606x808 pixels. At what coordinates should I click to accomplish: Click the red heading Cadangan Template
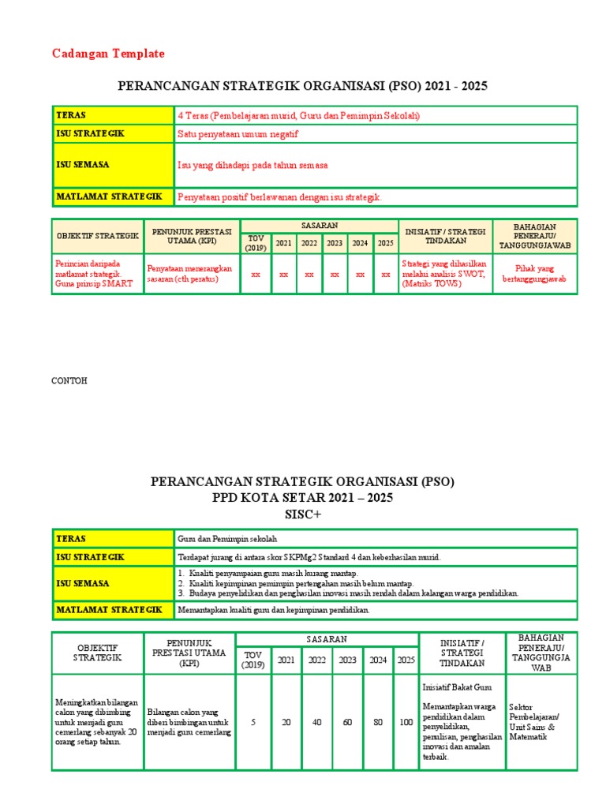[109, 54]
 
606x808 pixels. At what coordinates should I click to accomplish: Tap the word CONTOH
[69, 381]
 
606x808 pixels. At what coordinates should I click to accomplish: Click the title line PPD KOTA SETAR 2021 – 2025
[302, 498]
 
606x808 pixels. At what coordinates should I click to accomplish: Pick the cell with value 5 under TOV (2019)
[253, 722]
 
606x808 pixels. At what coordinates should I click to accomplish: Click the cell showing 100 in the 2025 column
[406, 722]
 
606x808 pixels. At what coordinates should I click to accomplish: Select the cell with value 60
[347, 722]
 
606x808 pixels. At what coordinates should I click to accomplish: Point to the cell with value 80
[378, 722]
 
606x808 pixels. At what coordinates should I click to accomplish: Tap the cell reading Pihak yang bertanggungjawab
[534, 274]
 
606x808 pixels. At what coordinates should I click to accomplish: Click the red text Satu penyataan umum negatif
[238, 134]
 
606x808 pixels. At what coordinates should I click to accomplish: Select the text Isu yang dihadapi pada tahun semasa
[252, 166]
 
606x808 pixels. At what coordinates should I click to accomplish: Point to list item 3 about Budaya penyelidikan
[348, 593]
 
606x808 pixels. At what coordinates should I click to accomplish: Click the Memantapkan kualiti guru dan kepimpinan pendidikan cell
[274, 610]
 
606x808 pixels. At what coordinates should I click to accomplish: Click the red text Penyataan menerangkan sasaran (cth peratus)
[189, 274]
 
